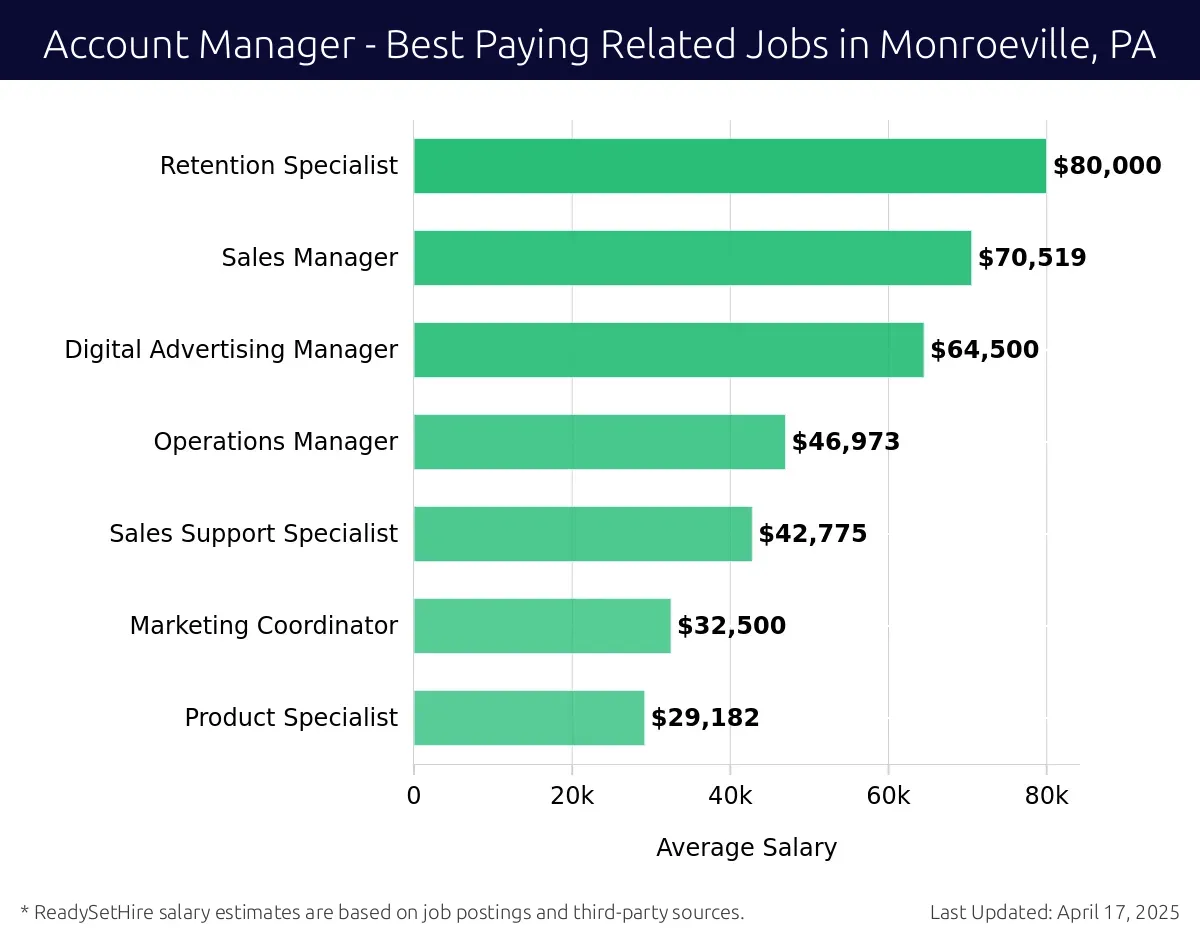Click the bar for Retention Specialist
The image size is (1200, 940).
point(729,166)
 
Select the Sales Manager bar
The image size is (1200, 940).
point(692,258)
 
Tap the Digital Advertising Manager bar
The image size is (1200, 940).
point(668,350)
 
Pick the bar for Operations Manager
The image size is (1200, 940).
point(599,442)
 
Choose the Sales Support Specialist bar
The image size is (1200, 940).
point(582,534)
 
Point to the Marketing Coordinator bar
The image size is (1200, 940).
point(542,626)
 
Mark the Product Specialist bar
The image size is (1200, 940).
point(528,718)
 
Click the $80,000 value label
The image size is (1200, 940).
point(1107,166)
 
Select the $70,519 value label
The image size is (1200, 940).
point(1032,258)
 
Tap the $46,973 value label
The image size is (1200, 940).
point(846,442)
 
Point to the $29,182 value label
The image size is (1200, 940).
point(705,718)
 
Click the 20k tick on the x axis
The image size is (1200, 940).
point(572,796)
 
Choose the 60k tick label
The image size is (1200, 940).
point(888,796)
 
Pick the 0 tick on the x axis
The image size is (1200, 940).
point(414,796)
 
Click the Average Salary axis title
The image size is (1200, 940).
point(746,848)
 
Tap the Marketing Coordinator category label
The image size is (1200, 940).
point(264,626)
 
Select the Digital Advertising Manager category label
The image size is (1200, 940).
point(231,350)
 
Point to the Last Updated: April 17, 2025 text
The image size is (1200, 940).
point(1055,912)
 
